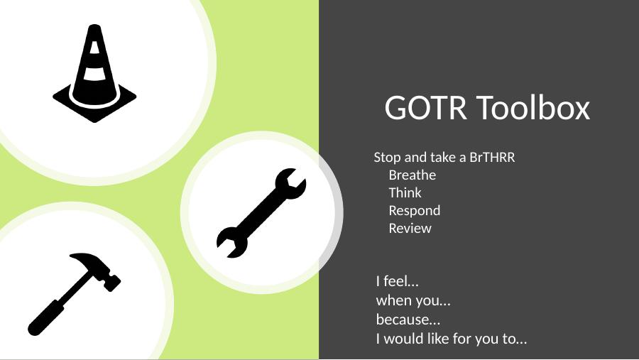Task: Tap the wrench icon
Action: coord(261,213)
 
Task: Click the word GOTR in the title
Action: coord(425,108)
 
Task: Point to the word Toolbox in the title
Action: coord(533,108)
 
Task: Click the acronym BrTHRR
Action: coord(492,158)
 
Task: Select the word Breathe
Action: coord(413,175)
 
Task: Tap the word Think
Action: coord(405,192)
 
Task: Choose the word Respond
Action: coord(415,211)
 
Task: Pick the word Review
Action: coord(410,229)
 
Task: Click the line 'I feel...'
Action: coord(398,281)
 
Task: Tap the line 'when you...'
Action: coord(413,300)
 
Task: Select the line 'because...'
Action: coord(408,320)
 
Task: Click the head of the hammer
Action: coord(98,268)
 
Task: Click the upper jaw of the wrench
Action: coord(291,182)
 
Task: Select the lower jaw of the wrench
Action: coord(231,242)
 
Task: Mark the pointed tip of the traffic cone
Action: coord(94,26)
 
